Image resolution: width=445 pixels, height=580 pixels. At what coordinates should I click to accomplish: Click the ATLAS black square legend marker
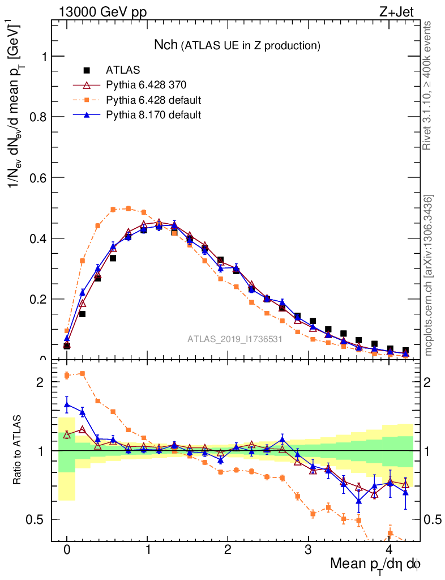pos(87,70)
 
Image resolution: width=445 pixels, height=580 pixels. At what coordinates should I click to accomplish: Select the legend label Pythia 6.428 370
pos(146,85)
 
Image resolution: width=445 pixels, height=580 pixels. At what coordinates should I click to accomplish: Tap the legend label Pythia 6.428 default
pos(153,100)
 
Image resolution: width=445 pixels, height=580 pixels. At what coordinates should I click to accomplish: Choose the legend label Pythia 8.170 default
pos(153,115)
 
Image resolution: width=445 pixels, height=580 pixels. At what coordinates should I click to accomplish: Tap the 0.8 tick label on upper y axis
pos(36,117)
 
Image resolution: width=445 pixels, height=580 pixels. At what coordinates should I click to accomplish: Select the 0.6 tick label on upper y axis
pos(36,177)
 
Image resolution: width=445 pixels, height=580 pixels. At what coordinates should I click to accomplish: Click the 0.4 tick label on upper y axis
pos(36,238)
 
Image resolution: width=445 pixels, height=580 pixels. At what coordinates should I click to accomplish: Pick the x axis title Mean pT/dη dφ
pos(375,564)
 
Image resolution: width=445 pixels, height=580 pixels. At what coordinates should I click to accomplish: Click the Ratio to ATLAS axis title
pos(18,450)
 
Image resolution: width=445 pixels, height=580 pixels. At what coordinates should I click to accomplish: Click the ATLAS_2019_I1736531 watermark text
pos(234,339)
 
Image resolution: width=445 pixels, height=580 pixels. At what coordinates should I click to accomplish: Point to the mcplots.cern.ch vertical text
pos(429,275)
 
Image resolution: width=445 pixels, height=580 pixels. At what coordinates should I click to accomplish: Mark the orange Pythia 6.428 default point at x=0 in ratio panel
pos(67,375)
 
